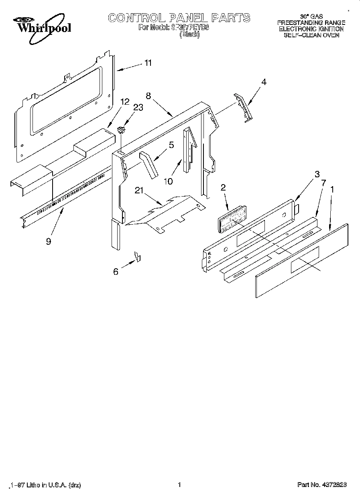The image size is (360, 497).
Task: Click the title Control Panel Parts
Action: [x=179, y=18]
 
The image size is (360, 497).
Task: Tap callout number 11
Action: [x=148, y=63]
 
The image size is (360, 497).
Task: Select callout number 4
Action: [x=263, y=82]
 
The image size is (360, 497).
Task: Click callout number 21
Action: [x=139, y=191]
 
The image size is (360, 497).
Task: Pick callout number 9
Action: [x=48, y=242]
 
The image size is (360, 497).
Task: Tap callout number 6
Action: [x=116, y=272]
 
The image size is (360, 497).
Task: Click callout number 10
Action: [x=168, y=181]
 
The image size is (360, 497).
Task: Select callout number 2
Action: [x=223, y=187]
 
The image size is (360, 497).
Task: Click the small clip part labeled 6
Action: [x=137, y=256]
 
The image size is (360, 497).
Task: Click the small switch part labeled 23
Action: [x=121, y=130]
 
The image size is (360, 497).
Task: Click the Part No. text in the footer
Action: [x=322, y=485]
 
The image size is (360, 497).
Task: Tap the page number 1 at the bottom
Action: [x=180, y=485]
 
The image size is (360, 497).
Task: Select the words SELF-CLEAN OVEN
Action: [x=311, y=35]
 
